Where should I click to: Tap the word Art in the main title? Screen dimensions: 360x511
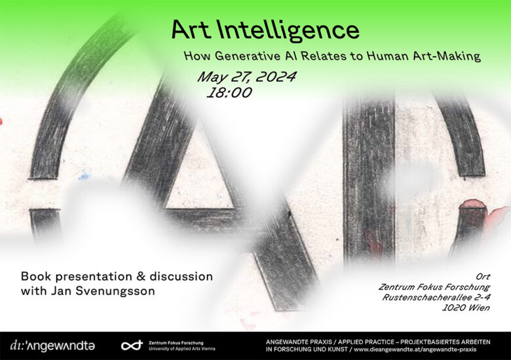click(x=192, y=30)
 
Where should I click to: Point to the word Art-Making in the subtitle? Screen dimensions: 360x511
click(x=450, y=56)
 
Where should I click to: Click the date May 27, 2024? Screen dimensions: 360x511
click(x=246, y=77)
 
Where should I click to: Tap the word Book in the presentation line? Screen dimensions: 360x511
click(x=35, y=277)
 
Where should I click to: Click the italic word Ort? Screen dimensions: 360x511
click(x=483, y=277)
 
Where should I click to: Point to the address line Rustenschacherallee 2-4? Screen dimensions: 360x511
click(x=436, y=297)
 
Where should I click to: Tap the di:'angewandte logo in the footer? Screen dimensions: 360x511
click(x=52, y=345)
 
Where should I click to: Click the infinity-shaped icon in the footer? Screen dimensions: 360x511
click(x=132, y=345)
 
